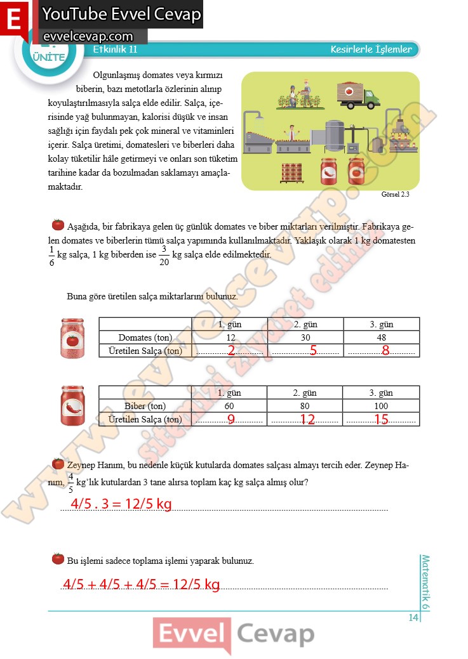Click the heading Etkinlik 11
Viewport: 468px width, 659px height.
115,49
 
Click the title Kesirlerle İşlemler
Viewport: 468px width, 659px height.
371,49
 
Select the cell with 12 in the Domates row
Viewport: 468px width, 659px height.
231,337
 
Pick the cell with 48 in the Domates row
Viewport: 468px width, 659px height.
381,337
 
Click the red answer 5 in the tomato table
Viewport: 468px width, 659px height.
313,351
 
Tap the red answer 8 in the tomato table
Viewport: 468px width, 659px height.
385,351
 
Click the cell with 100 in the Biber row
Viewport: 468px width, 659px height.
381,406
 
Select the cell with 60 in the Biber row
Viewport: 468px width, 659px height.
230,406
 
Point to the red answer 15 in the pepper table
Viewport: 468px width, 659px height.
382,419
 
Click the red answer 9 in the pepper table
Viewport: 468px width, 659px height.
231,419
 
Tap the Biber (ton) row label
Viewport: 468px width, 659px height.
145,406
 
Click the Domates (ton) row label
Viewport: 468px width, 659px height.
145,337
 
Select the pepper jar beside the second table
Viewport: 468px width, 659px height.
73,406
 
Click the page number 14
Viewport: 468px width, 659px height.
413,618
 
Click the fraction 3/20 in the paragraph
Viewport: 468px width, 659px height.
164,255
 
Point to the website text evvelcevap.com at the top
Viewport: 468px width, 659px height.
87,37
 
